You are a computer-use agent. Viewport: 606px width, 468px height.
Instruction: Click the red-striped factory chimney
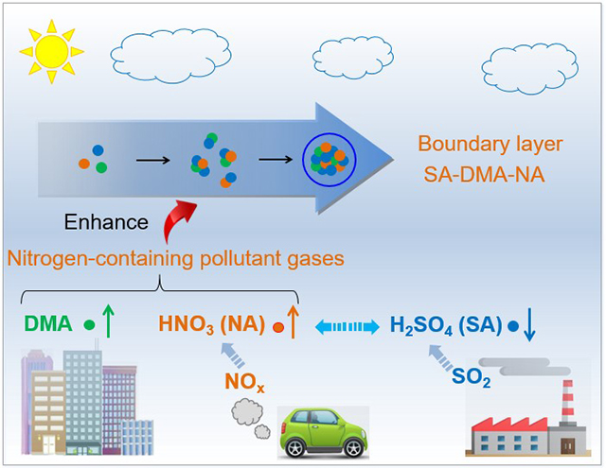click(x=566, y=402)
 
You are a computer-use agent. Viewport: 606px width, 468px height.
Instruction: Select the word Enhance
click(x=107, y=223)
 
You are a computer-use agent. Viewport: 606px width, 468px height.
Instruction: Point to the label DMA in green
click(x=46, y=325)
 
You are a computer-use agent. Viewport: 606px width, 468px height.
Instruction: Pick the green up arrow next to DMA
click(x=110, y=323)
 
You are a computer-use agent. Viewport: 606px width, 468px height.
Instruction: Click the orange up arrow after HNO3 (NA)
click(x=293, y=323)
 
